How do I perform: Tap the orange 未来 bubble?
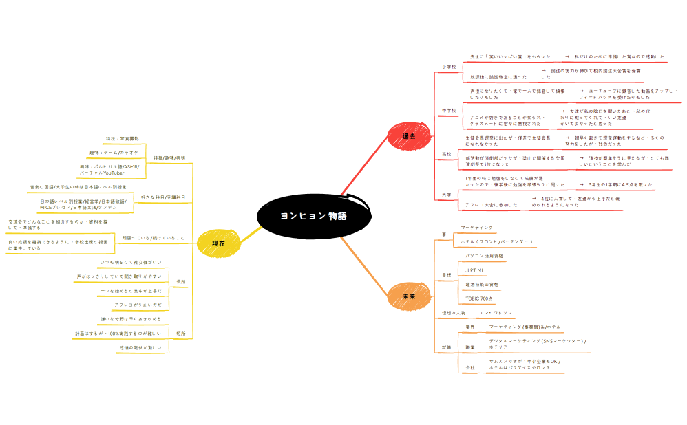pyautogui.click(x=409, y=295)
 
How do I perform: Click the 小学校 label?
pyautogui.click(x=448, y=67)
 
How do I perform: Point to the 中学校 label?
pyautogui.click(x=448, y=110)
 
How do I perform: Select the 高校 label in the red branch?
pyautogui.click(x=446, y=155)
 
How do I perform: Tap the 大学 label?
pyautogui.click(x=446, y=195)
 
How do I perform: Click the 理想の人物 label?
pyautogui.click(x=454, y=313)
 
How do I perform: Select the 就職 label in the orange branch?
pyautogui.click(x=446, y=347)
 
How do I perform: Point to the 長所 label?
pyautogui.click(x=181, y=282)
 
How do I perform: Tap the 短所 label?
pyautogui.click(x=181, y=334)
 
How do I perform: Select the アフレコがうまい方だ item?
pyautogui.click(x=138, y=304)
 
